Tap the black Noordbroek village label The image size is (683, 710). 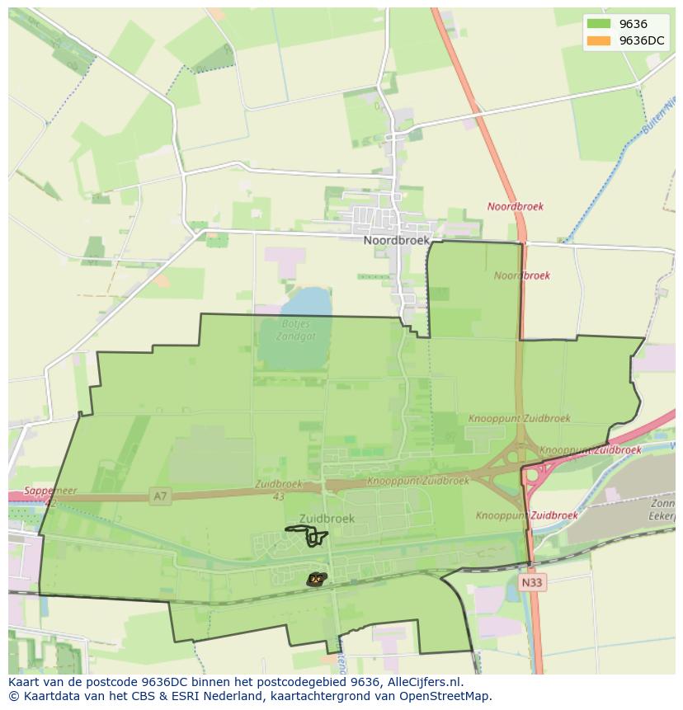(397, 240)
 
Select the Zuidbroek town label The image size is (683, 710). (327, 519)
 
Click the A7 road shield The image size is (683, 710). (160, 496)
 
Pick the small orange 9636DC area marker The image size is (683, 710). (315, 580)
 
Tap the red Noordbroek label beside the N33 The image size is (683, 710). (515, 207)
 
